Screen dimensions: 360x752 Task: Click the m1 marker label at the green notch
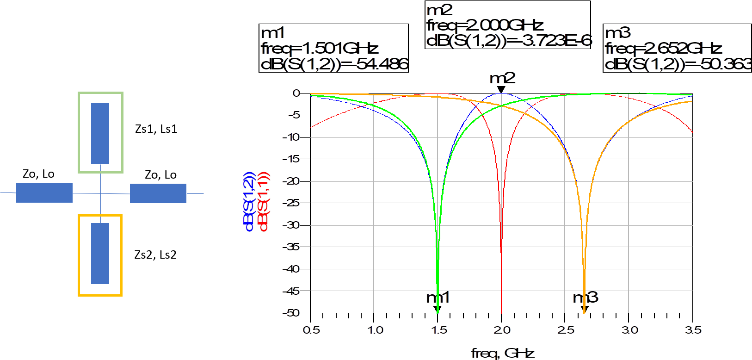point(437,298)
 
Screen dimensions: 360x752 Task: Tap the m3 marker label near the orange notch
point(586,298)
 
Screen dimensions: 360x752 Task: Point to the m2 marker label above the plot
point(502,78)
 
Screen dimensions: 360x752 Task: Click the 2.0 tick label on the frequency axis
point(501,330)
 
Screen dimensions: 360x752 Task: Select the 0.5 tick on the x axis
point(311,330)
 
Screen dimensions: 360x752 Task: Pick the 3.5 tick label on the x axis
point(693,330)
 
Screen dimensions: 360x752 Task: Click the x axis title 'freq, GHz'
point(503,354)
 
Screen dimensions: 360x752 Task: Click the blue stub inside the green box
point(100,133)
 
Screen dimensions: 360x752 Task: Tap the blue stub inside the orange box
point(100,254)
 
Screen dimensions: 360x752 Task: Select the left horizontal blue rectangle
point(44,193)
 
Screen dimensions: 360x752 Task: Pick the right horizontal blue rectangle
point(158,193)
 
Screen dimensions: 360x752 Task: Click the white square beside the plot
point(253,102)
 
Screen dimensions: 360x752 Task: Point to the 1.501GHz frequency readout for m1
point(340,49)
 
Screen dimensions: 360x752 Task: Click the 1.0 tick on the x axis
point(375,330)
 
